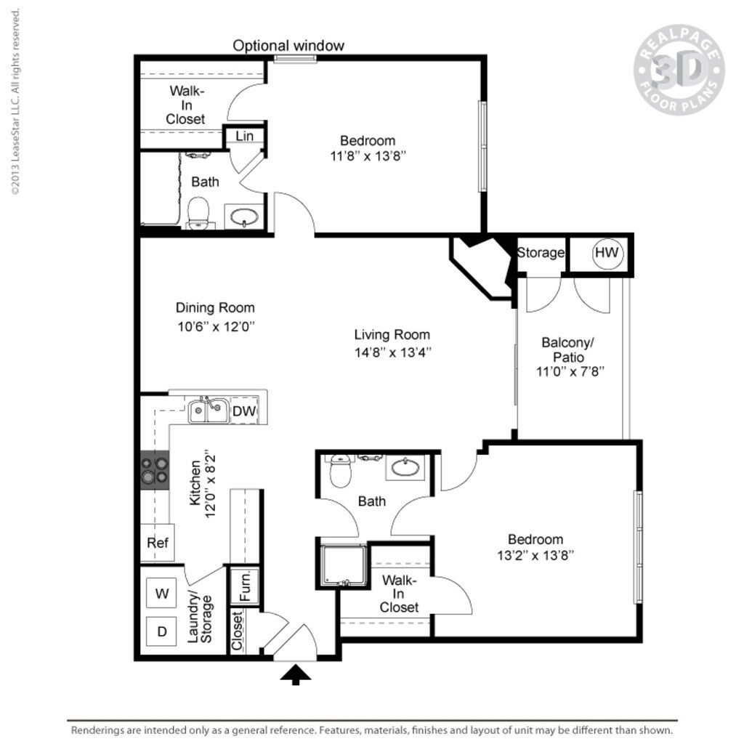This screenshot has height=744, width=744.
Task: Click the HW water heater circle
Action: pos(607,254)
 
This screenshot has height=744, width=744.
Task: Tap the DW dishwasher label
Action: pos(244,412)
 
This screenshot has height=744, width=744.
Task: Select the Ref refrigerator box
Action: pos(158,543)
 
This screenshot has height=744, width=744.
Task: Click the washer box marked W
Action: pos(162,593)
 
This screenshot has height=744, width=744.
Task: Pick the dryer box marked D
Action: pos(162,631)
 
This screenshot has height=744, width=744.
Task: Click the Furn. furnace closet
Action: pos(245,584)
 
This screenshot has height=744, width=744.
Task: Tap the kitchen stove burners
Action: pos(154,469)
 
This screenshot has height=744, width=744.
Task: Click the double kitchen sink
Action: pos(206,411)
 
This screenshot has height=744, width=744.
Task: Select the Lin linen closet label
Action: pos(244,136)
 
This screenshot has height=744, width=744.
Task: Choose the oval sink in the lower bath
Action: pos(405,467)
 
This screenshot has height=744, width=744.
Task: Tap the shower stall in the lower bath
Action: pos(344,565)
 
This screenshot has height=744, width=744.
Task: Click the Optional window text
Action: pos(288,46)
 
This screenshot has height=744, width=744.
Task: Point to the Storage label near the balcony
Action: pos(541,253)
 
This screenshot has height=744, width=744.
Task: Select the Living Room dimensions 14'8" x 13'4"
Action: pos(392,353)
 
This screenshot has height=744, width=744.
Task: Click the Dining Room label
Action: pos(215,307)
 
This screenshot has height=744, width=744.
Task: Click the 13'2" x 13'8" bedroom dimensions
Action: pos(535,556)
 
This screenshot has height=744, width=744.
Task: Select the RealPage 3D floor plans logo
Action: pos(679,70)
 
